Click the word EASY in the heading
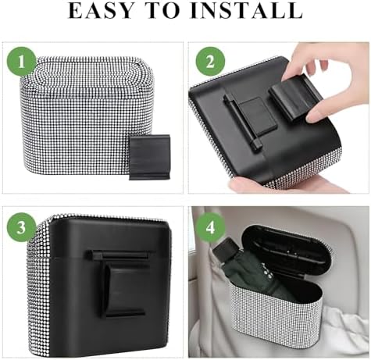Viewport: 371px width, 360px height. point(101,10)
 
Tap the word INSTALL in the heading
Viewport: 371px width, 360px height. point(246,10)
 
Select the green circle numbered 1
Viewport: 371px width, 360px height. point(21,62)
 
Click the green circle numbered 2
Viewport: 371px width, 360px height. point(210,62)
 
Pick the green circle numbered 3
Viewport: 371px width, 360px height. point(21,227)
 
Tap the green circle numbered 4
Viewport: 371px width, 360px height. point(210,227)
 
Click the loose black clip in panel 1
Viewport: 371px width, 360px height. point(149,157)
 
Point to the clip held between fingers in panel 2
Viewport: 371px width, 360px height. point(295,96)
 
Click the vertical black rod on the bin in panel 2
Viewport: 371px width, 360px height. point(242,121)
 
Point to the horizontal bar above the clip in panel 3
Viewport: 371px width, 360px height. point(118,254)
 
